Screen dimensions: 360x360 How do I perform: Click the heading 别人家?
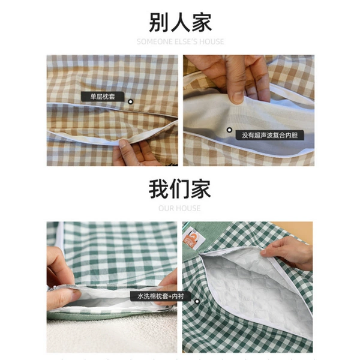point(180,22)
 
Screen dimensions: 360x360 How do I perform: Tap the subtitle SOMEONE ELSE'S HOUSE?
point(180,41)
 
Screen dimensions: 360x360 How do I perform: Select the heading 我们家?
point(180,189)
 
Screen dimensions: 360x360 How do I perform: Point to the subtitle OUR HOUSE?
point(179,208)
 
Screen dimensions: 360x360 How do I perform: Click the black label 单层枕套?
point(103,97)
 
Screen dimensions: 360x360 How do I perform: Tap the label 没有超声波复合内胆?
point(270,135)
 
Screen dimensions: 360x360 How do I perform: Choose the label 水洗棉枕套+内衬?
point(160,296)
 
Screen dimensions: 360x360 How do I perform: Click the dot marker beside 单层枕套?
point(130,102)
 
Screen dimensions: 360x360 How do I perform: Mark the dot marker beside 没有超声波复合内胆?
point(229,130)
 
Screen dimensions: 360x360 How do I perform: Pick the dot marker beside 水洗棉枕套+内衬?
point(197,301)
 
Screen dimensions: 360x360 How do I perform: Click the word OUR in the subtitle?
point(165,208)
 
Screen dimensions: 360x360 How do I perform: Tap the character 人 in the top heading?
point(180,22)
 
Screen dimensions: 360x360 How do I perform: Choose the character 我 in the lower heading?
point(158,189)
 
